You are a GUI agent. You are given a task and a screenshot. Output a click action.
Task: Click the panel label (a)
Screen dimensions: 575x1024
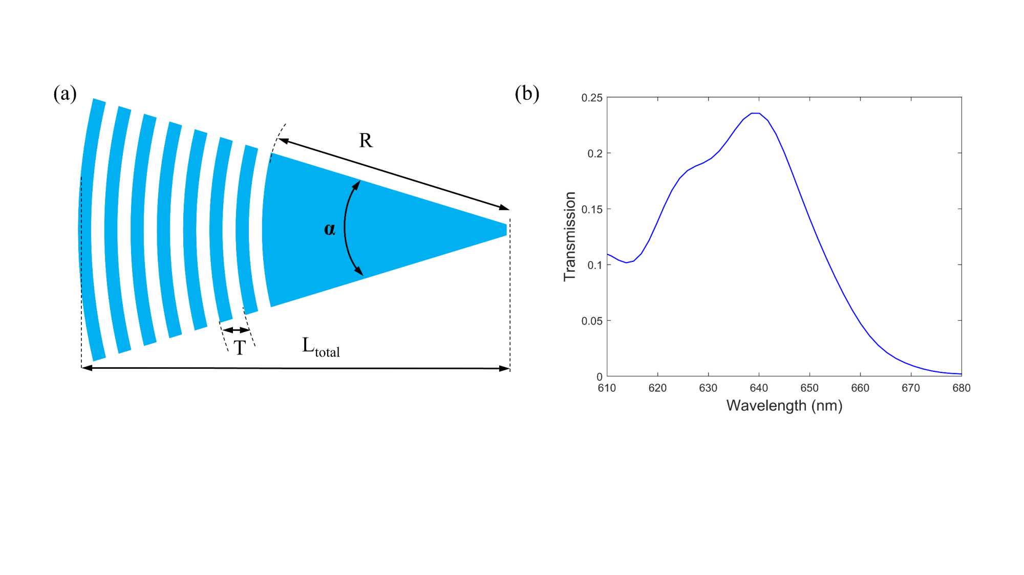[x=65, y=94]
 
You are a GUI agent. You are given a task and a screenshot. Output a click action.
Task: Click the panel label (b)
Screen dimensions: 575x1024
[x=527, y=94]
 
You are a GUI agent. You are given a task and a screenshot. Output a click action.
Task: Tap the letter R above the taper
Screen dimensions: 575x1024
[x=366, y=141]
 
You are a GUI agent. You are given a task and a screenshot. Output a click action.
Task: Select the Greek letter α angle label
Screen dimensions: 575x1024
[x=330, y=229]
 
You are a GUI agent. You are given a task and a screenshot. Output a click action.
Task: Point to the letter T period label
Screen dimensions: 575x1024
[x=240, y=348]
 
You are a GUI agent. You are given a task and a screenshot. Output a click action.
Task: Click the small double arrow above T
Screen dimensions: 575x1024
[x=236, y=330]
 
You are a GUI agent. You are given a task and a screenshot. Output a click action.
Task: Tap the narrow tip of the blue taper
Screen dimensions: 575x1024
[x=504, y=230]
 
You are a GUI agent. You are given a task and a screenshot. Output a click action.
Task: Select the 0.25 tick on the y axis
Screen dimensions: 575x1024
[x=592, y=98]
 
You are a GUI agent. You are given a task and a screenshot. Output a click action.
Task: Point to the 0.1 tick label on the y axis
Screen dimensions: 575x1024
[x=595, y=265]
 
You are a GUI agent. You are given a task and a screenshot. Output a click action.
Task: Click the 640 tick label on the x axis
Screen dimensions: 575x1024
[x=759, y=388]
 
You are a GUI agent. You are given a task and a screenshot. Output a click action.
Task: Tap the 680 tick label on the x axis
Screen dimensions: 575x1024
[x=961, y=388]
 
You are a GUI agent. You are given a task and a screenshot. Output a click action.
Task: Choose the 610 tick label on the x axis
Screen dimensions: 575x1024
[x=607, y=388]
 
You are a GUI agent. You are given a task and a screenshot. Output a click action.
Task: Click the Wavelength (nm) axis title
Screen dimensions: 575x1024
[x=784, y=406]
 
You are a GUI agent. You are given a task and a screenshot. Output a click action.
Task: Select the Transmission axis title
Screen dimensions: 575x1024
[x=570, y=236]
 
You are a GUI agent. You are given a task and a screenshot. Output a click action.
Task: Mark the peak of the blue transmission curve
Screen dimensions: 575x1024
[x=755, y=114]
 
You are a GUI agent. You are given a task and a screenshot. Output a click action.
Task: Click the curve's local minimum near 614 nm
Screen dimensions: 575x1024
[x=626, y=262]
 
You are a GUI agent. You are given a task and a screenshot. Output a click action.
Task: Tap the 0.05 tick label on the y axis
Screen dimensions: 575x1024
[x=592, y=321]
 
